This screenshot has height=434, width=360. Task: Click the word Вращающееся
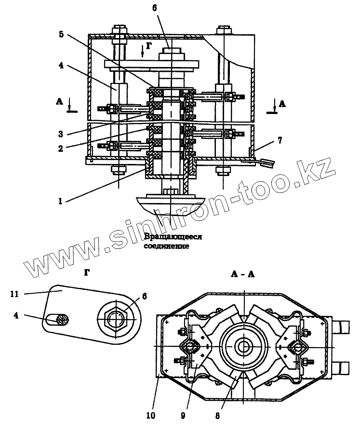pos(168,236)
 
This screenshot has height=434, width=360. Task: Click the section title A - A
pos(242,274)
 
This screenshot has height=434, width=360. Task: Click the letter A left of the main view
pos(59,102)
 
